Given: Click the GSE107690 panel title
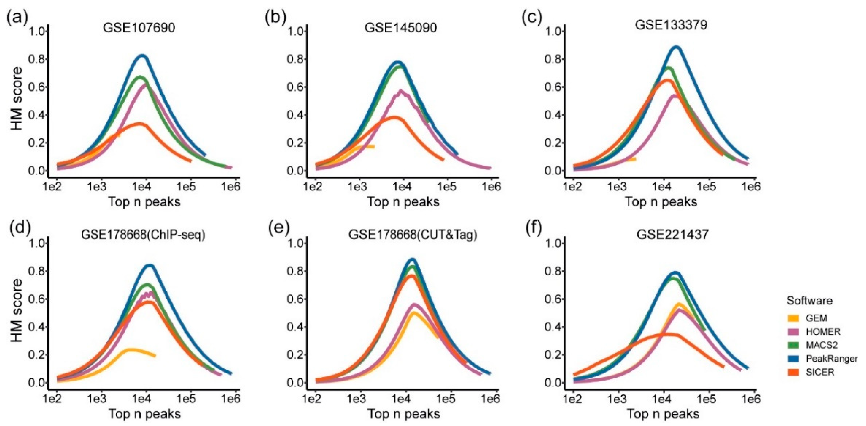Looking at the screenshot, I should (x=139, y=27).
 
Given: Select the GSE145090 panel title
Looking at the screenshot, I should (x=401, y=27).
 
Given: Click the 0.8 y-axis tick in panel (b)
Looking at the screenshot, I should (x=295, y=59).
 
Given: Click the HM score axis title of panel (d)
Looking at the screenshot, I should (x=16, y=311).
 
